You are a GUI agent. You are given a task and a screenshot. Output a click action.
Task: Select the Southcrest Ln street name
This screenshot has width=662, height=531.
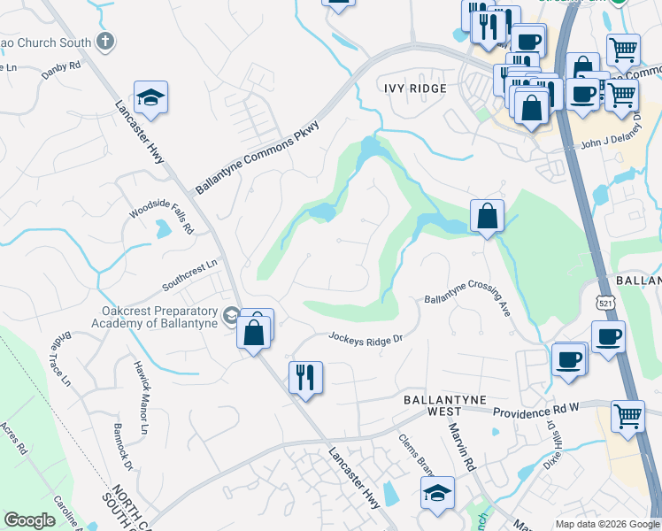point(189,276)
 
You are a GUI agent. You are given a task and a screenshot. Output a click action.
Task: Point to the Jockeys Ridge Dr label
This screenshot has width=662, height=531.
point(366,338)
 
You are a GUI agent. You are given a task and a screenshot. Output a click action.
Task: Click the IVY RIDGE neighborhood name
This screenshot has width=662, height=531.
point(416,88)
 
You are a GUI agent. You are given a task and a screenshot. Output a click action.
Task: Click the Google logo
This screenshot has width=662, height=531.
point(29,519)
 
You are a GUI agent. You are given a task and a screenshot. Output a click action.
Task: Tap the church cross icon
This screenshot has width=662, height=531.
point(104,42)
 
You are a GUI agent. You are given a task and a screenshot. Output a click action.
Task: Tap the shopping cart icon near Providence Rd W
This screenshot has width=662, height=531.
point(627,415)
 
